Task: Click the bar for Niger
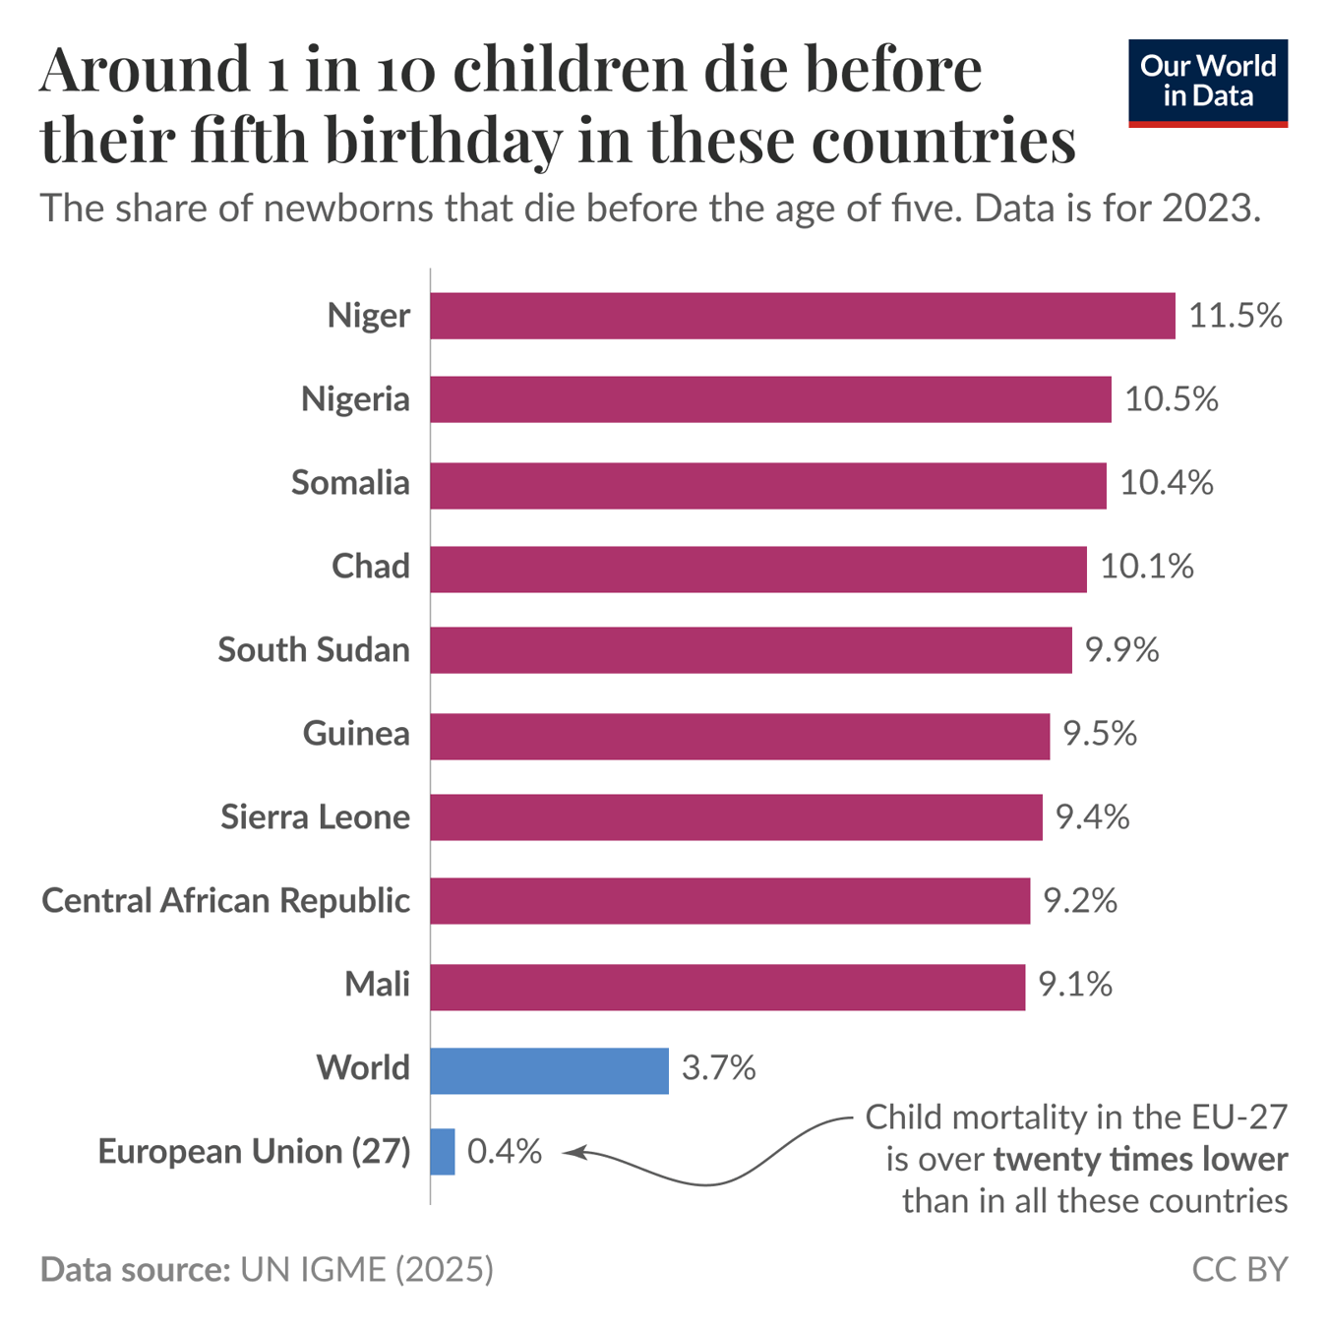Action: coord(802,316)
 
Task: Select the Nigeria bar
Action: coord(770,399)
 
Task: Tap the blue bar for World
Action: coord(549,1070)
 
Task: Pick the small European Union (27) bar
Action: coord(443,1152)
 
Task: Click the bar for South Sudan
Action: coord(751,650)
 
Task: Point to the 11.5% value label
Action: coord(1236,316)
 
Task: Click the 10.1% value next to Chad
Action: coord(1146,567)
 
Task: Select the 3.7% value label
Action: coord(718,1068)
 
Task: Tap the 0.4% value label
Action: coord(504,1152)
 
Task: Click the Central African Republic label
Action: coord(225,901)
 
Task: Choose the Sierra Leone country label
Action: coord(315,817)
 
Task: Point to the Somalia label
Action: coord(350,483)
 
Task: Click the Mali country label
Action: coord(377,985)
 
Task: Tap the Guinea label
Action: coord(356,734)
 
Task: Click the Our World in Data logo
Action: coord(1207,83)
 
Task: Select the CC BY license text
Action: coord(1238,1270)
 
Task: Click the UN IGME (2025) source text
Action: coord(367,1270)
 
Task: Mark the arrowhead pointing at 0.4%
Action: coord(572,1152)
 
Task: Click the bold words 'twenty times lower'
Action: coord(1139,1160)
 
